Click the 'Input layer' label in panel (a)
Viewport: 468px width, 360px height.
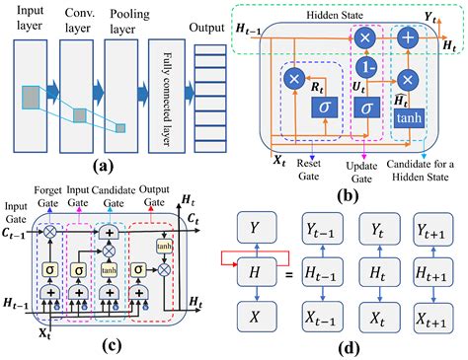pos(26,22)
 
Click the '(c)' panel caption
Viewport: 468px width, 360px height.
pos(98,343)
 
